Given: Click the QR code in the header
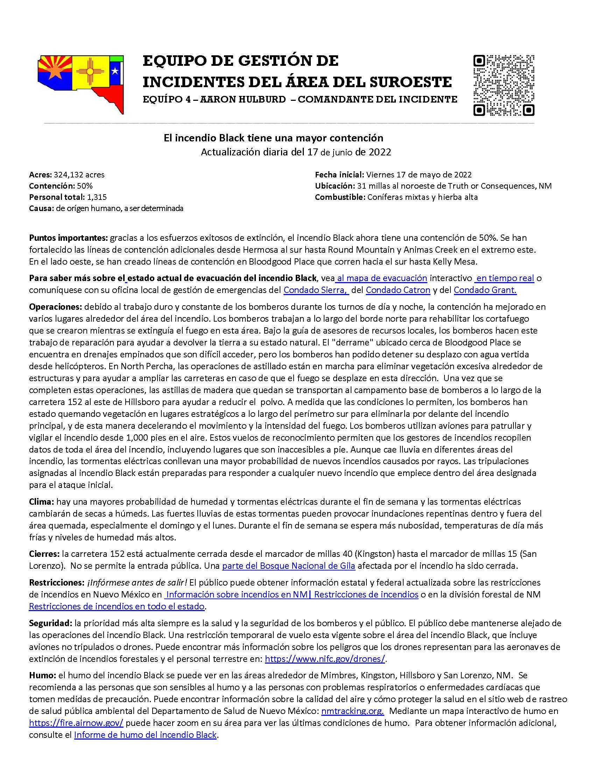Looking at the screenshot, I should point(504,85).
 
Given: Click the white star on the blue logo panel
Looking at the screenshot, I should point(114,71).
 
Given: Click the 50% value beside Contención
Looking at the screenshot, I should point(85,186).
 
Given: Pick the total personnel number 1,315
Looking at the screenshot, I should point(97,197).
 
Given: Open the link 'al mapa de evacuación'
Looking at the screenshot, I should point(382,278).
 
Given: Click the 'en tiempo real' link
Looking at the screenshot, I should point(505,278).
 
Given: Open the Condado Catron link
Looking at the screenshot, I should point(398,290).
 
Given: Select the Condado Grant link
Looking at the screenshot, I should point(485,290).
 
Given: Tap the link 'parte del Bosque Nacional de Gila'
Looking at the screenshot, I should point(288,566).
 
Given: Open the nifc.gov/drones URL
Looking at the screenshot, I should point(325,658).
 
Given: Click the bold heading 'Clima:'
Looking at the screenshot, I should point(42,501).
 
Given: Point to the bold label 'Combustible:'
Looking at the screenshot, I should point(340,197).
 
